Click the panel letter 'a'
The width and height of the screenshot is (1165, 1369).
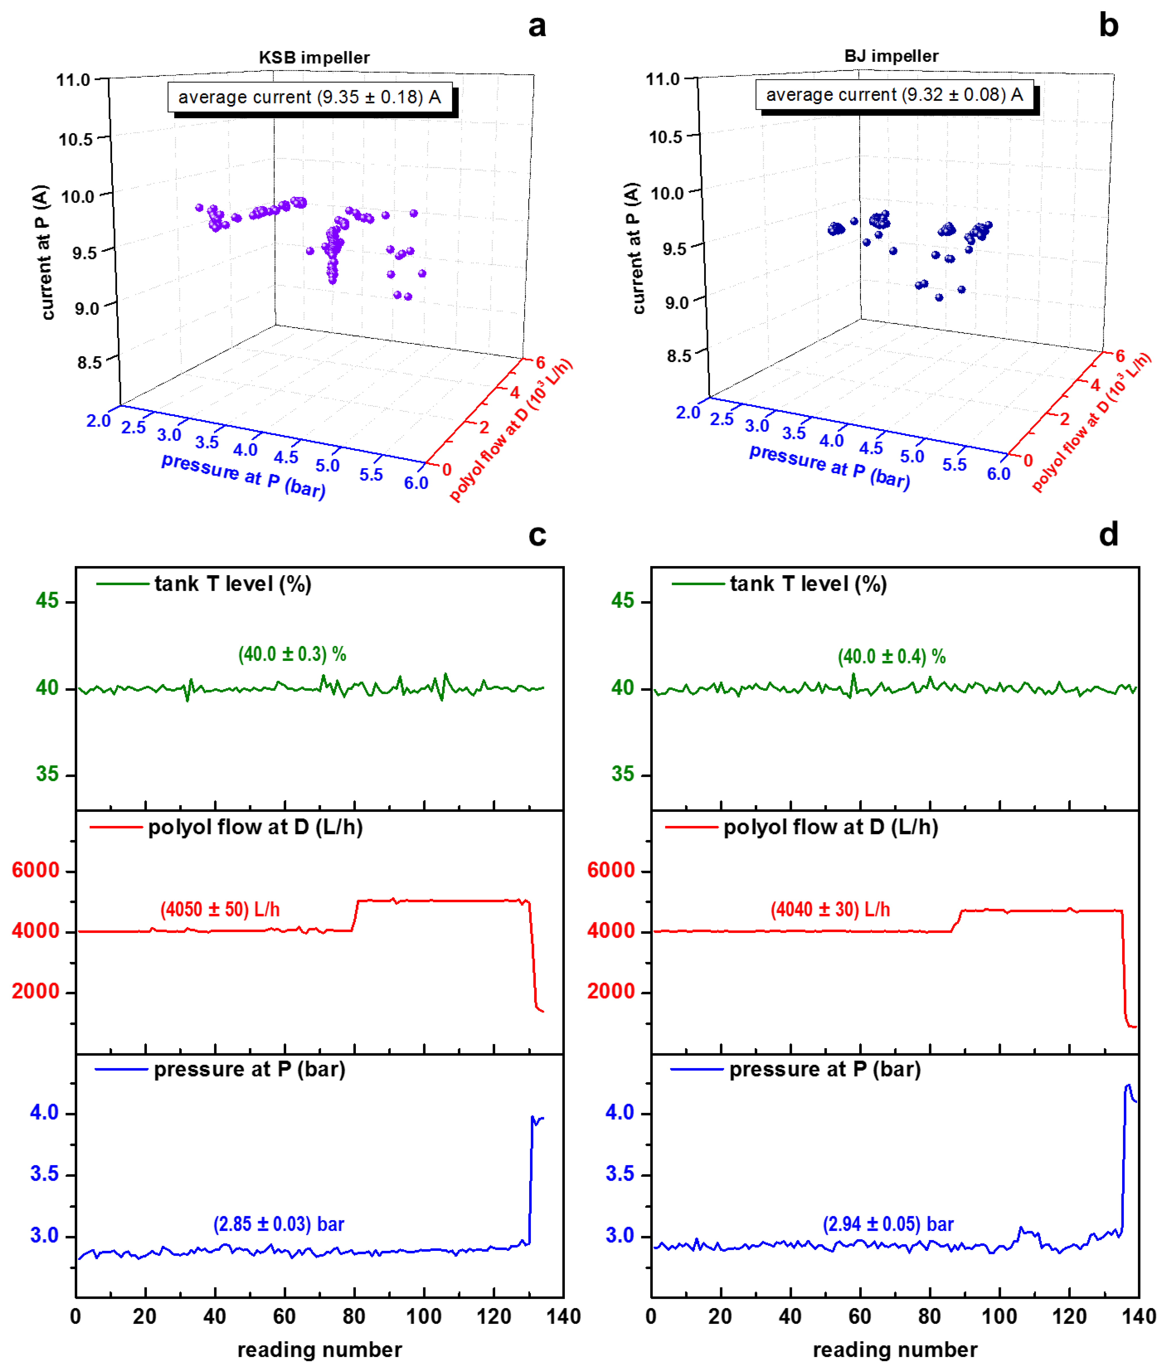[x=537, y=26]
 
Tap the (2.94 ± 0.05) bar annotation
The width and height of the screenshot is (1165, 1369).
[x=888, y=1224]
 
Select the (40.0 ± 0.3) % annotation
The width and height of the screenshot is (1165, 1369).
[x=292, y=654]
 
